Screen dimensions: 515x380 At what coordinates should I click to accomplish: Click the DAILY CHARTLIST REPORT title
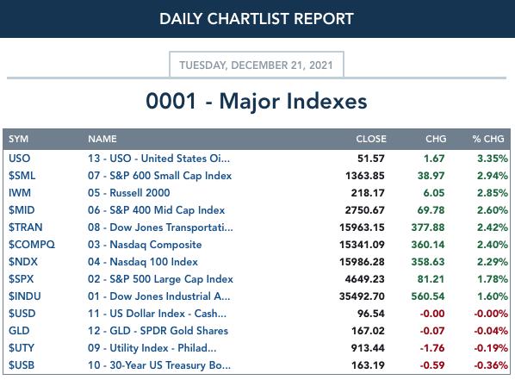(256, 19)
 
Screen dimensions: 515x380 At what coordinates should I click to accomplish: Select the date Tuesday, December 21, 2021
(256, 65)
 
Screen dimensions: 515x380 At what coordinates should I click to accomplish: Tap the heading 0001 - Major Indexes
(256, 101)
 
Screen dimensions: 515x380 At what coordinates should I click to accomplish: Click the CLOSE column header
(371, 139)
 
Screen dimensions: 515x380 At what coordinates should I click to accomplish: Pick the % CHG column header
(488, 139)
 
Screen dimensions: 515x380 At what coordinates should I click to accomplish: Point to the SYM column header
(18, 139)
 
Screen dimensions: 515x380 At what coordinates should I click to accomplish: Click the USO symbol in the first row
(20, 159)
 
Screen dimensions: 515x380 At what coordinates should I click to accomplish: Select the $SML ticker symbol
(22, 176)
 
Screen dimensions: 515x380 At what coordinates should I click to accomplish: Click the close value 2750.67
(364, 210)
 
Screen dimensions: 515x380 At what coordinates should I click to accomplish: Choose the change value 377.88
(428, 227)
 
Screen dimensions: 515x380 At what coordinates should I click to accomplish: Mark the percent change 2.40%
(493, 245)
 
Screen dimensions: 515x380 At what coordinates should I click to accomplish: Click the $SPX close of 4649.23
(364, 279)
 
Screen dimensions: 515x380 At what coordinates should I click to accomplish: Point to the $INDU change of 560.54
(428, 296)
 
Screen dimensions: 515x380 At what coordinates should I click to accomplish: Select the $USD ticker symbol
(22, 314)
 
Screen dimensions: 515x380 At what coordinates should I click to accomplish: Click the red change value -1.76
(432, 348)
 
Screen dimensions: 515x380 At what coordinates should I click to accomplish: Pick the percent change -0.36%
(491, 365)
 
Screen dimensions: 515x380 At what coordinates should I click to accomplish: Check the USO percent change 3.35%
(493, 159)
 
